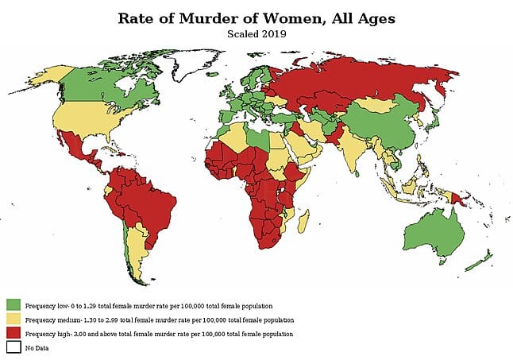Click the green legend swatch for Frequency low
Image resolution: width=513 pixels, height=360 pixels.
(x=13, y=305)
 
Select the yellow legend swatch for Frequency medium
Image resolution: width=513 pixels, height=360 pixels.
(x=13, y=319)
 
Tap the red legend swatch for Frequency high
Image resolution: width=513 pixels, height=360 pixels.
(x=13, y=334)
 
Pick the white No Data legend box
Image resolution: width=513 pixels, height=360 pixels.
(x=13, y=347)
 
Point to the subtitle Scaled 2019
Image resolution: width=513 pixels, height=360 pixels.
(x=256, y=34)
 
